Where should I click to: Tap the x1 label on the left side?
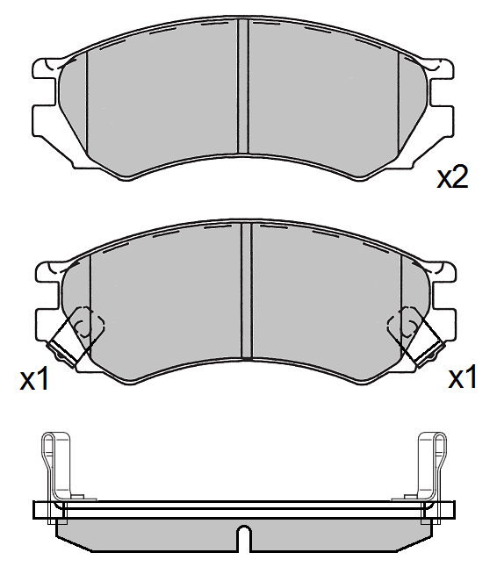click(34, 379)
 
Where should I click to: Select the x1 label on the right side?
click(462, 378)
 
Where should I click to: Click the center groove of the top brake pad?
click(243, 88)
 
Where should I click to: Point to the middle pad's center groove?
click(246, 290)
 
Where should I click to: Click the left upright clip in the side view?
click(54, 465)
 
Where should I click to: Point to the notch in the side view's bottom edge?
click(244, 536)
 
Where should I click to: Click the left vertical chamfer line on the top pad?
click(89, 101)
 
